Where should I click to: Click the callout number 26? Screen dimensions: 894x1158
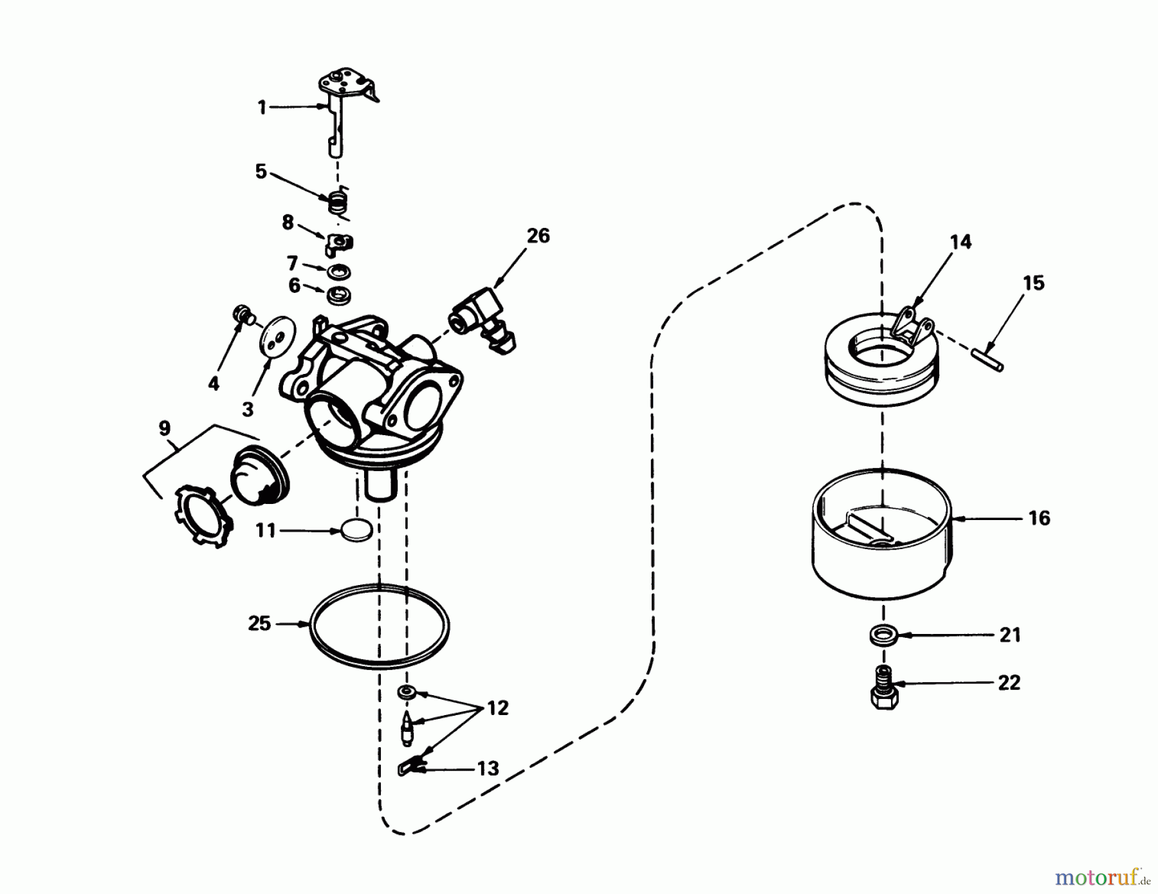538,236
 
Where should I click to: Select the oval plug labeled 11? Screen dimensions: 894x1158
357,530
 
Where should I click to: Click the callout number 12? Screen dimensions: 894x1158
498,708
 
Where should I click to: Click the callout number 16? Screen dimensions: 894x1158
1040,517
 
